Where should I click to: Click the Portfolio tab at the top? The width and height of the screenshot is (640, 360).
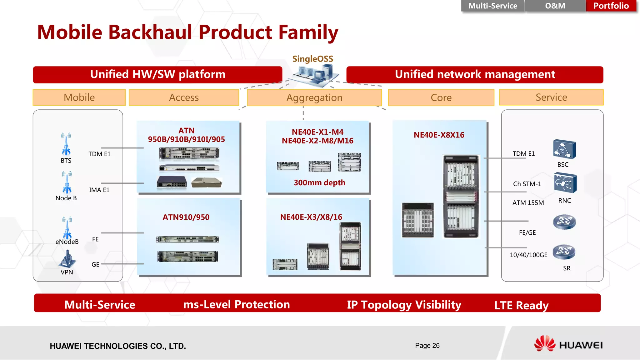pos(611,6)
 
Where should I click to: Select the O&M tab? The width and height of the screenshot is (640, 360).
pos(555,6)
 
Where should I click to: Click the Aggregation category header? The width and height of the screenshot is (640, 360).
pos(314,98)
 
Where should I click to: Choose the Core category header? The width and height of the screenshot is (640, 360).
pos(441,98)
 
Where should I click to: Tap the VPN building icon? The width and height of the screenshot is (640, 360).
pos(67,259)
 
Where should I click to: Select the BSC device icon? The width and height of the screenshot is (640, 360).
pos(564,149)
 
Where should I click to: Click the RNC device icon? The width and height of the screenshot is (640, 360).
pos(565,183)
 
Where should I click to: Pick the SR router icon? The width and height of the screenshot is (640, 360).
pos(564,252)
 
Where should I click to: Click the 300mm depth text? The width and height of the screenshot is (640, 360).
pos(319,183)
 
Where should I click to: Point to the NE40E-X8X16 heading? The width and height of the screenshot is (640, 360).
pos(439,135)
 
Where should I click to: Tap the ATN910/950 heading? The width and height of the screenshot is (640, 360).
pos(186,217)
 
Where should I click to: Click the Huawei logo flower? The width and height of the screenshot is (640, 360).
pos(545,344)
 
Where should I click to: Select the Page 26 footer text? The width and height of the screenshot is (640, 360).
pos(427,346)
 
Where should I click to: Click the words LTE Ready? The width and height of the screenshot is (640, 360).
pos(521,305)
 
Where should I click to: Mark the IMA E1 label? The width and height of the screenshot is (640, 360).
pos(99,190)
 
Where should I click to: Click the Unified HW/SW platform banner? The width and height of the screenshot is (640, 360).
pos(157,75)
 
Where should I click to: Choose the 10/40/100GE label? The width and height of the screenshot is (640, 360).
pos(528,255)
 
